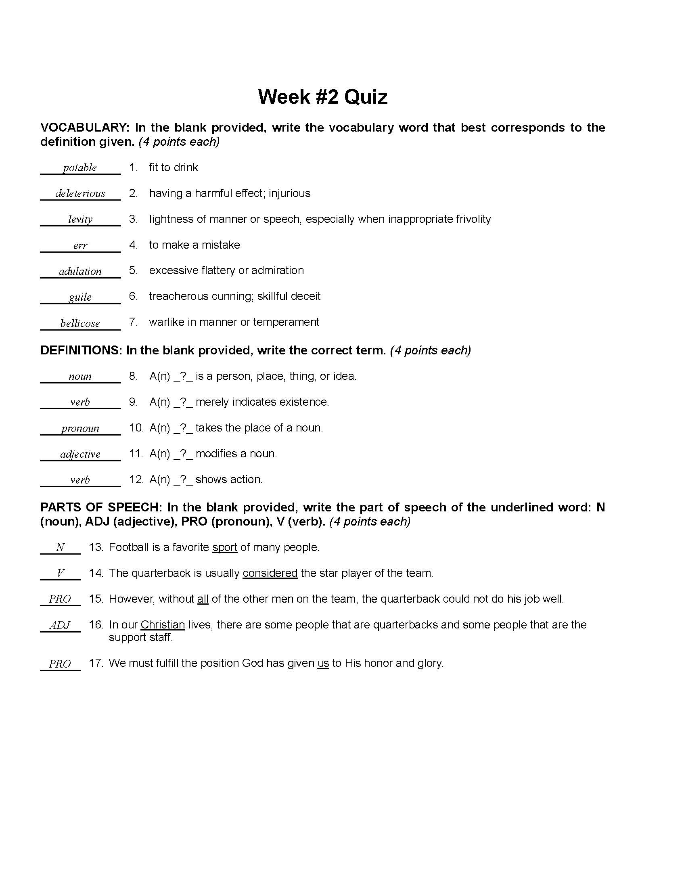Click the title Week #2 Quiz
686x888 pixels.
(323, 97)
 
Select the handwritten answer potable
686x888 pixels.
(79, 168)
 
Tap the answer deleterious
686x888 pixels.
(80, 193)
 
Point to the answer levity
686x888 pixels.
(80, 219)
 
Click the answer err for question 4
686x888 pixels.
(80, 245)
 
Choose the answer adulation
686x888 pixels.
(80, 271)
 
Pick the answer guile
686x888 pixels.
(80, 297)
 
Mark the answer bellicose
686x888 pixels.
(80, 323)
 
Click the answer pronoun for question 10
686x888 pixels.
(80, 428)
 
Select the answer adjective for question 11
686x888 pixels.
(80, 454)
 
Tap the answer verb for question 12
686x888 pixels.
(80, 480)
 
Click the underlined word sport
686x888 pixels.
(225, 547)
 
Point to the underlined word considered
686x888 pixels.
(270, 573)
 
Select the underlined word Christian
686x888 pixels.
(163, 624)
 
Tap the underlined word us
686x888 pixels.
(323, 663)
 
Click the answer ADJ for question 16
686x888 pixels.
(60, 625)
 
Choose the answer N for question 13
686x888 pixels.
(60, 547)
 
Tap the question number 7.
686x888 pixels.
(133, 322)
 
